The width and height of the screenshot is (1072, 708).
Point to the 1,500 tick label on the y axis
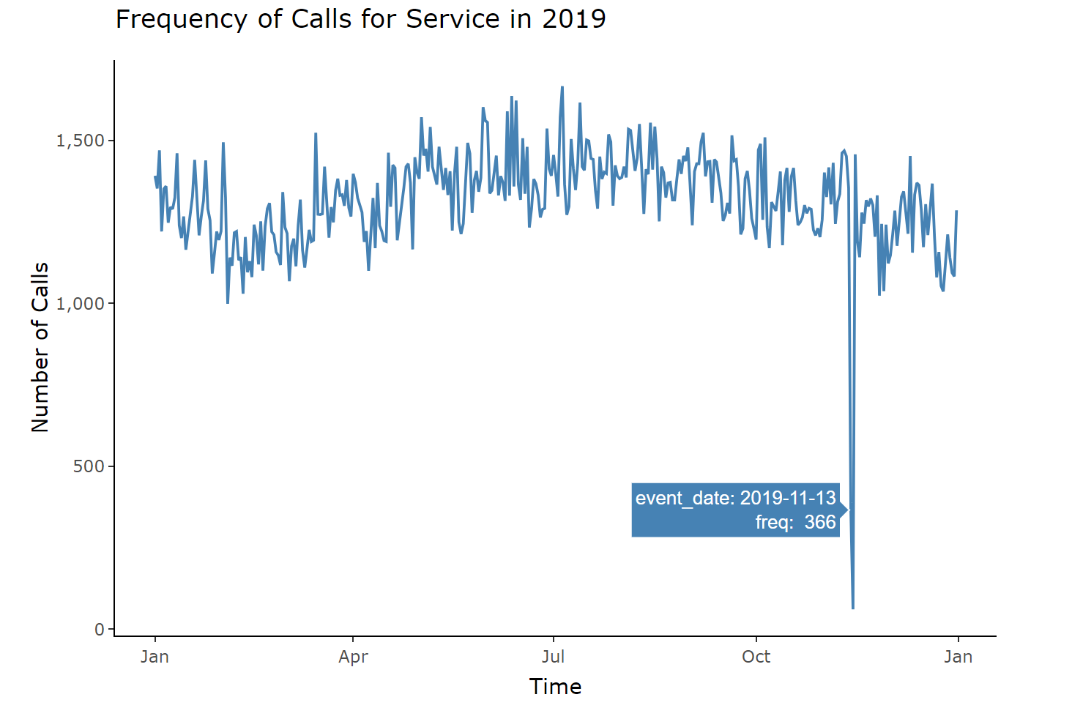(x=80, y=141)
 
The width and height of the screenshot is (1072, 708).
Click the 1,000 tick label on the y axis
(x=80, y=304)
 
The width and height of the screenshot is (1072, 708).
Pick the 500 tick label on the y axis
(x=89, y=466)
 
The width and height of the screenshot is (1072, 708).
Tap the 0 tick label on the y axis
(x=100, y=630)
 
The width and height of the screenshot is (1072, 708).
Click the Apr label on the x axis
(x=353, y=657)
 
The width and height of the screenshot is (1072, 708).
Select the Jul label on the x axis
(x=553, y=657)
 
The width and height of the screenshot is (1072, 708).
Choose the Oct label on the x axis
(x=756, y=657)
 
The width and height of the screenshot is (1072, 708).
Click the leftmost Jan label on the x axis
(x=155, y=657)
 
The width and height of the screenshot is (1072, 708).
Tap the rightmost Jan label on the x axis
(x=958, y=657)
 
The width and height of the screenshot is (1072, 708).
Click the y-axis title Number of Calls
(x=40, y=347)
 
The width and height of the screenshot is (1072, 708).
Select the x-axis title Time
(x=555, y=687)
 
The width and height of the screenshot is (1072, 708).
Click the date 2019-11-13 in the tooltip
(x=787, y=499)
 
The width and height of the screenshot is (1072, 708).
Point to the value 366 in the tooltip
(x=819, y=522)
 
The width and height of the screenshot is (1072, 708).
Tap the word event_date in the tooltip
(x=684, y=499)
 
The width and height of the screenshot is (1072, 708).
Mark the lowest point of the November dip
(x=853, y=608)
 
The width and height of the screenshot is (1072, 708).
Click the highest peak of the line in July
(x=562, y=87)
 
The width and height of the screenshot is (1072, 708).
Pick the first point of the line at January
(x=155, y=176)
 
